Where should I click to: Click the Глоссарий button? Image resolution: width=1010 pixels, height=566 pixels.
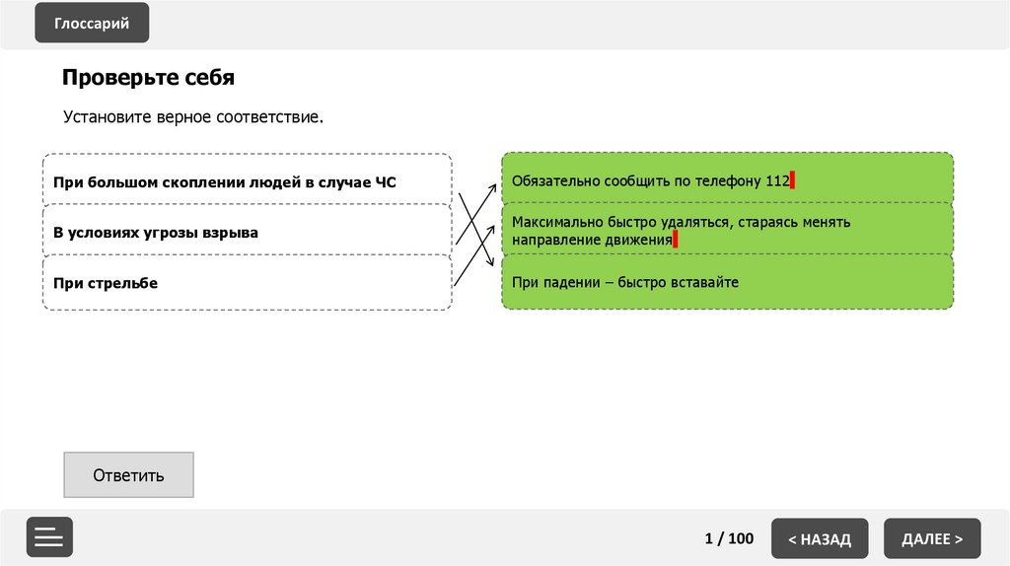[92, 24]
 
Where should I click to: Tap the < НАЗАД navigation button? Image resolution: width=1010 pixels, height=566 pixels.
[820, 538]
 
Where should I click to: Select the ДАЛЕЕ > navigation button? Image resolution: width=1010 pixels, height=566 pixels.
[932, 538]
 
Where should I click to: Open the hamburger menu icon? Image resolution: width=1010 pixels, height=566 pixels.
[49, 537]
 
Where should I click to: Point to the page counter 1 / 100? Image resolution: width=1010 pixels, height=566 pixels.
[729, 538]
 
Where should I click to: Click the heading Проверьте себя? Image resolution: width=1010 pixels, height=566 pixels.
[148, 77]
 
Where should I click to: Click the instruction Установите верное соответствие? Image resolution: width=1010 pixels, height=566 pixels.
[193, 117]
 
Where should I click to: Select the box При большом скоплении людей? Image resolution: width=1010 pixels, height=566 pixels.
[247, 181]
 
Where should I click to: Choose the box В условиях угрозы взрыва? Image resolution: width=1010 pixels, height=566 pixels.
[247, 233]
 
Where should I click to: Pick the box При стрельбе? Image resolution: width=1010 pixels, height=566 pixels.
[247, 283]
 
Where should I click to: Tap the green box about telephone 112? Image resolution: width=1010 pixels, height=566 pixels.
[727, 180]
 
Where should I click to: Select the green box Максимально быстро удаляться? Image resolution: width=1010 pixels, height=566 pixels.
[727, 231]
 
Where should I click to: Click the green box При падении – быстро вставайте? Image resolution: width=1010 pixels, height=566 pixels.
[727, 282]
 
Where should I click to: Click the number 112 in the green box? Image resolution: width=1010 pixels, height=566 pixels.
[777, 181]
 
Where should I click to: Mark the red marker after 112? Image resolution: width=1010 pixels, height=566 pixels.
[792, 180]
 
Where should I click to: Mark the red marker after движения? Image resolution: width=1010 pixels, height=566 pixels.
[676, 239]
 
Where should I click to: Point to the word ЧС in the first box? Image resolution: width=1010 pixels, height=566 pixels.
[386, 182]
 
